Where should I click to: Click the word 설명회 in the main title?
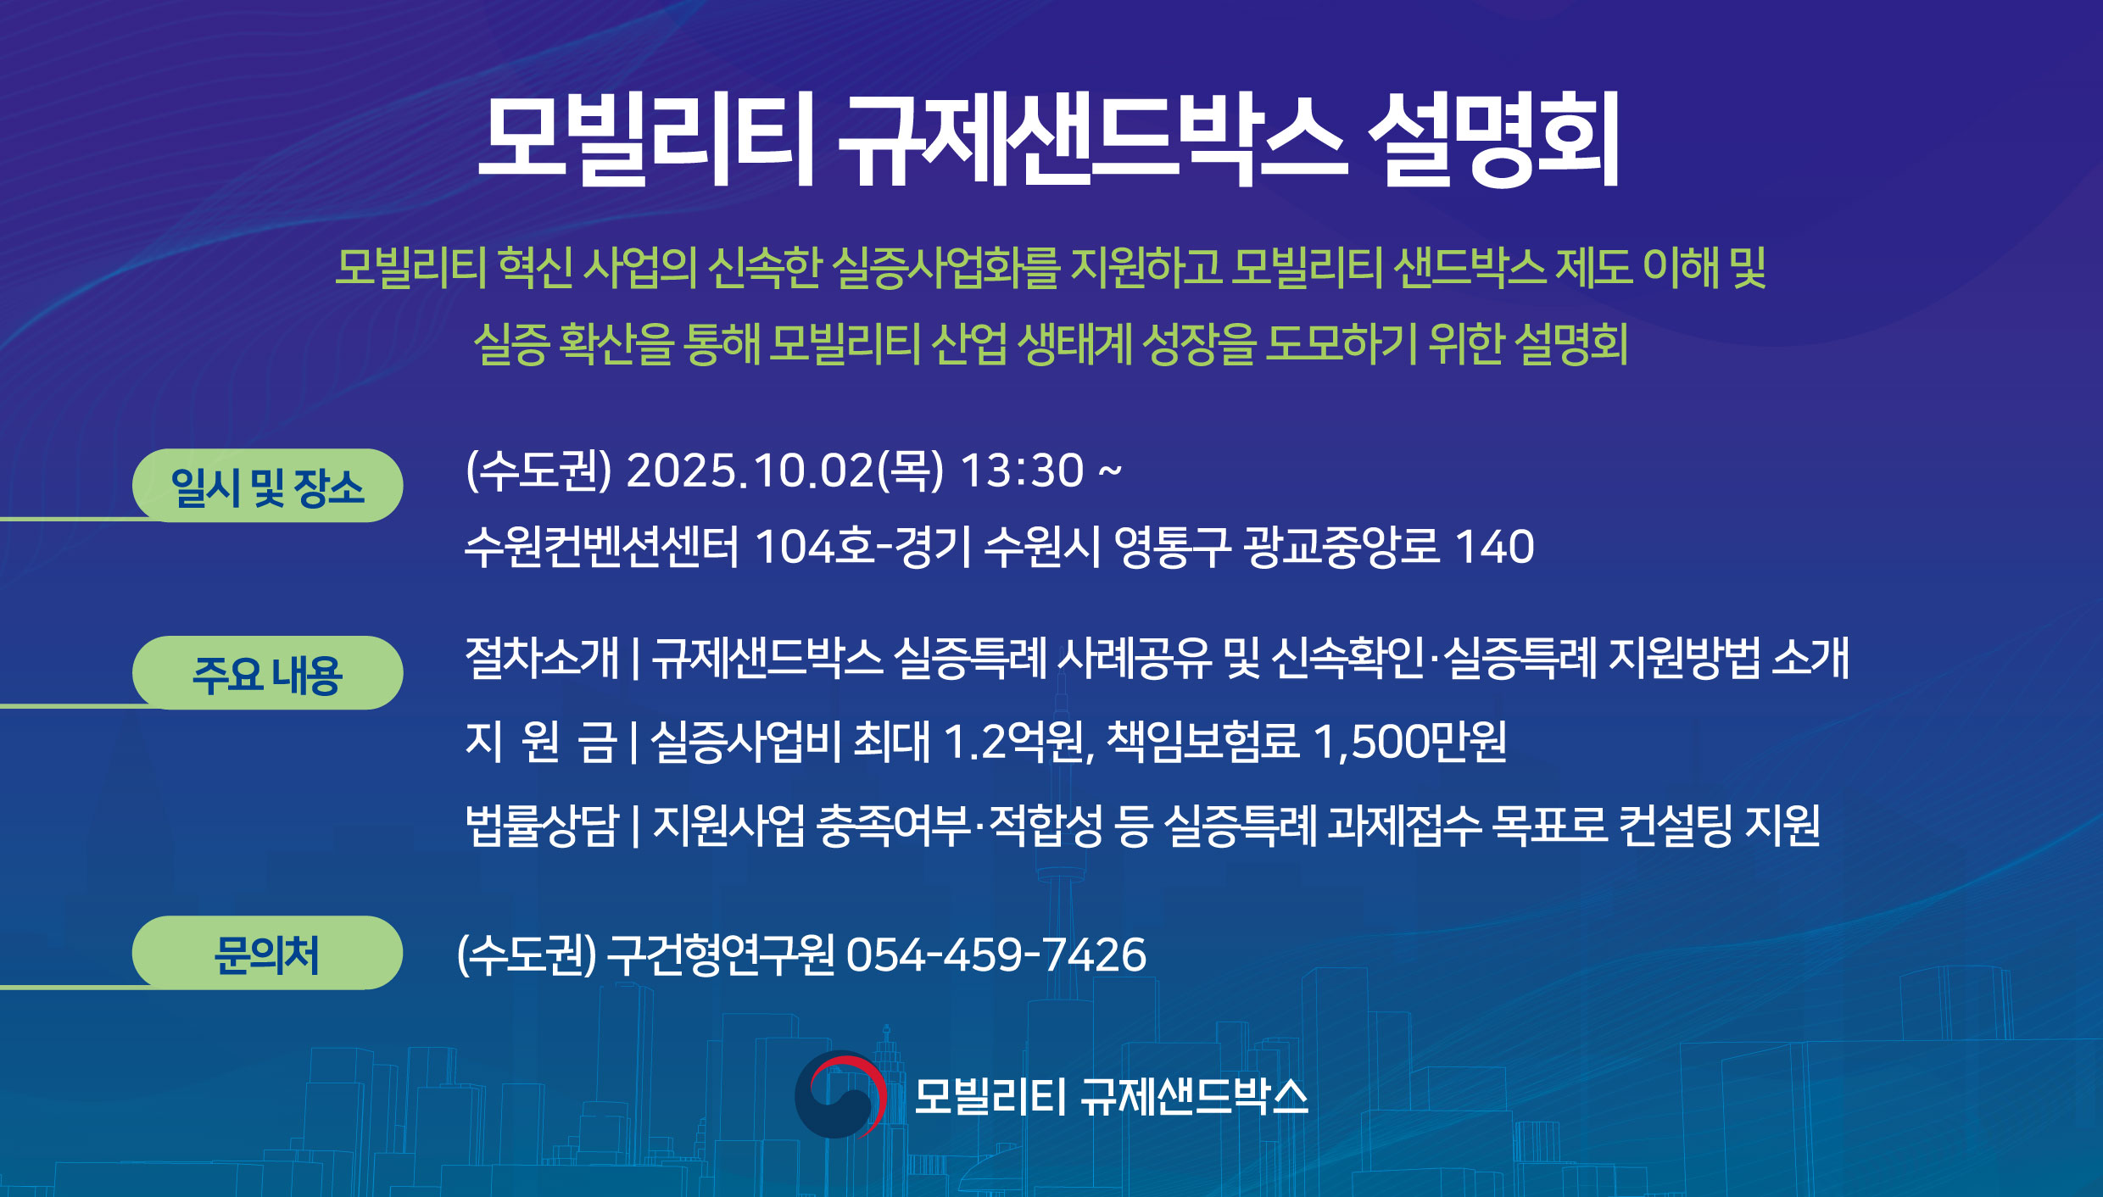(1494, 140)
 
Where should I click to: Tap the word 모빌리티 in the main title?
(646, 140)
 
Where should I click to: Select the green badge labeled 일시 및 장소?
(267, 486)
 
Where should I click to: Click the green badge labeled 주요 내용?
(267, 673)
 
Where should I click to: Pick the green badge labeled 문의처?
(267, 953)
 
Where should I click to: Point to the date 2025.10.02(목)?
(784, 470)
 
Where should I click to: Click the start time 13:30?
(1022, 470)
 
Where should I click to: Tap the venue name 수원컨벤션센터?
(601, 546)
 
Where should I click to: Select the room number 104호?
(814, 546)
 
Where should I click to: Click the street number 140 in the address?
(1494, 547)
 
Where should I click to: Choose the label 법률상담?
(542, 825)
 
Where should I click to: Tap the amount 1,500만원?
(1410, 741)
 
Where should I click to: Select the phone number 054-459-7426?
(996, 955)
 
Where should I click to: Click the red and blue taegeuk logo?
(840, 1094)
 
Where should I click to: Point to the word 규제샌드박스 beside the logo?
(1194, 1096)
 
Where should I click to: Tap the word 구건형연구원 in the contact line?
(721, 955)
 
